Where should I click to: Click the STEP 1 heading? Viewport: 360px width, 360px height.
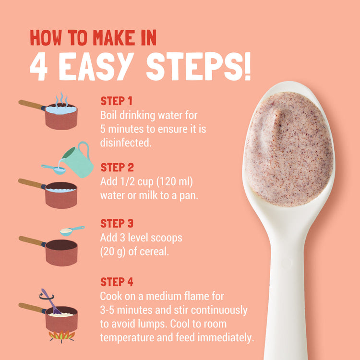click(x=117, y=101)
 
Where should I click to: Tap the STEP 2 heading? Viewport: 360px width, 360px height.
click(x=117, y=168)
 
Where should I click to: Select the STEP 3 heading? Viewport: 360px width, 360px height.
click(x=117, y=223)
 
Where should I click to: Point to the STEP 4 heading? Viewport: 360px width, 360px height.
click(x=117, y=282)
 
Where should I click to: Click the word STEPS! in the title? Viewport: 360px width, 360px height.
click(x=199, y=66)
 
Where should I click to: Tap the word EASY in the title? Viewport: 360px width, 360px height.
click(x=96, y=66)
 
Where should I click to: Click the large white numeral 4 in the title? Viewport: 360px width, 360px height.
click(x=39, y=67)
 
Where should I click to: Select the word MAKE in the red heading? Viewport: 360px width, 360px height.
click(x=114, y=37)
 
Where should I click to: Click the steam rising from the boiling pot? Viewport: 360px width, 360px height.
click(x=61, y=100)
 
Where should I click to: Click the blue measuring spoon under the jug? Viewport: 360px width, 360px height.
click(x=54, y=169)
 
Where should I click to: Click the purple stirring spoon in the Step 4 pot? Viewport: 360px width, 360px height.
click(x=51, y=301)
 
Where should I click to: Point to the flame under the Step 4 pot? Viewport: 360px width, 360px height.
click(x=62, y=336)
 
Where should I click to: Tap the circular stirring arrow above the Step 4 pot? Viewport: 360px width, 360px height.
click(x=47, y=296)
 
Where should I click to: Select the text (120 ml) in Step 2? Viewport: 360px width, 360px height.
click(x=175, y=181)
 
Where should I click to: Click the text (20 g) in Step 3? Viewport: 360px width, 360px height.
click(x=113, y=252)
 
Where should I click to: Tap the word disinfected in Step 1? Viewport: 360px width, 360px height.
click(x=126, y=143)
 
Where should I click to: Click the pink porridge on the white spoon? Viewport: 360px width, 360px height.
click(x=288, y=149)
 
